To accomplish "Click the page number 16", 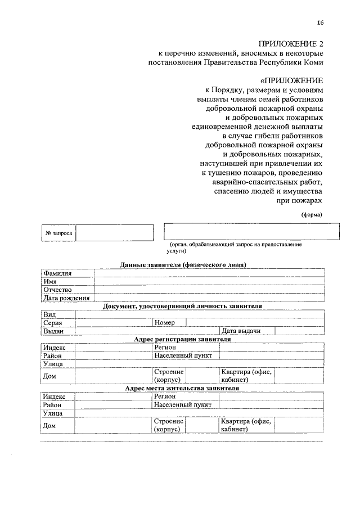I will pyautogui.click(x=320, y=22).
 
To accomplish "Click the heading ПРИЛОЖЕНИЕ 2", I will pyautogui.click(x=291, y=43).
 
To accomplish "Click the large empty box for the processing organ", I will pyautogui.click(x=251, y=232).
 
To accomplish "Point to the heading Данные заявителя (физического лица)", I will pyautogui.click(x=183, y=265).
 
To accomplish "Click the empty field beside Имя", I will pyautogui.click(x=209, y=281).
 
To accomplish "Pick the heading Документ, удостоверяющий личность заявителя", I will pyautogui.click(x=183, y=307).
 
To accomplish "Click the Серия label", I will pyautogui.click(x=52, y=323).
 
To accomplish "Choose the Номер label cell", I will pyautogui.click(x=164, y=323).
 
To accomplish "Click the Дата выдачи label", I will pyautogui.click(x=241, y=331).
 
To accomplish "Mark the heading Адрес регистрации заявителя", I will pyautogui.click(x=183, y=340).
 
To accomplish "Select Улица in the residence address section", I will pyautogui.click(x=52, y=413).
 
